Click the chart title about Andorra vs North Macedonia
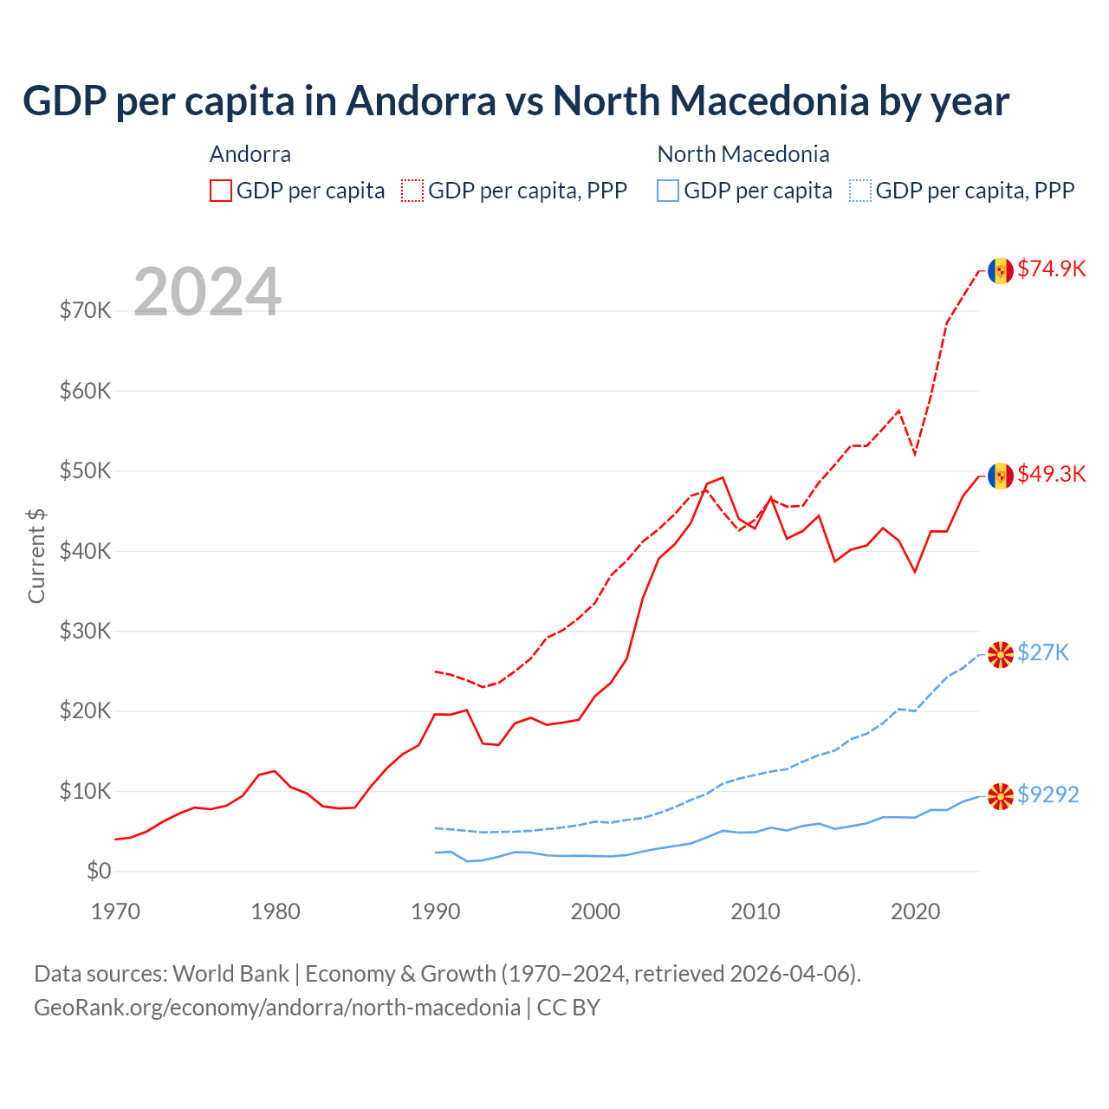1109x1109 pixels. [x=516, y=101]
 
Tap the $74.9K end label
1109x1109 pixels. [x=1051, y=269]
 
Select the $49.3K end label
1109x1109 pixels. [x=1051, y=474]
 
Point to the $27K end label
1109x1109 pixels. [x=1043, y=652]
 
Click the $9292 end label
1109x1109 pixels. [x=1047, y=794]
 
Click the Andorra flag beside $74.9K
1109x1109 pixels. [x=1001, y=270]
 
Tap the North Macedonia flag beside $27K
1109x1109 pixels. [x=1001, y=654]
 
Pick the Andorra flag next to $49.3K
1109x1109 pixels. [x=1001, y=476]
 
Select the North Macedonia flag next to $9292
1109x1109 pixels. [x=1001, y=796]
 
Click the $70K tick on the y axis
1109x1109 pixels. [x=85, y=310]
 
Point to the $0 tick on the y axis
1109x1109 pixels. [x=99, y=871]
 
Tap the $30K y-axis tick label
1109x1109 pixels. [x=85, y=631]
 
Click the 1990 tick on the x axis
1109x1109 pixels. [x=435, y=911]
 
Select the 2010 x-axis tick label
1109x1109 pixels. [x=756, y=911]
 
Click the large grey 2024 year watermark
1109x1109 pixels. [x=207, y=292]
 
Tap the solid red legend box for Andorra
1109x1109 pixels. [x=221, y=191]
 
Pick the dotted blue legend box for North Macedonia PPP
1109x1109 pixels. [x=860, y=191]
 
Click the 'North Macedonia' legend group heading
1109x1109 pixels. [x=743, y=154]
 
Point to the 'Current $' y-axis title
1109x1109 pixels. [x=36, y=555]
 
